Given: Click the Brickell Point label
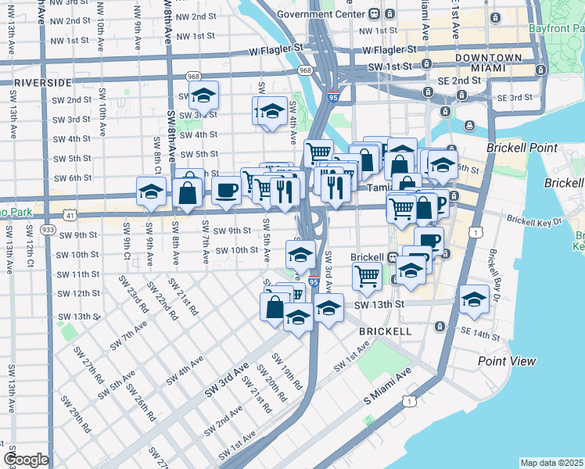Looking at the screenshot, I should (x=522, y=148).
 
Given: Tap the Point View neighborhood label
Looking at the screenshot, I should (x=507, y=360).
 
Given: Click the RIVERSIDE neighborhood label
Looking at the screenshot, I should (x=42, y=81).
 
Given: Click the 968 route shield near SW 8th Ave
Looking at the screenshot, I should (x=194, y=77).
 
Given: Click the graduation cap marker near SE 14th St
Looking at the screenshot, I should (x=474, y=299).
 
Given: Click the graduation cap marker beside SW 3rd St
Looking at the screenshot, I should (x=204, y=96).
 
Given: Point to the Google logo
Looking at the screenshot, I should (x=26, y=460).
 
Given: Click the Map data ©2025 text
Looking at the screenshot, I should (x=551, y=463).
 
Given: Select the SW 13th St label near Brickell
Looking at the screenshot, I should (x=382, y=304).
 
